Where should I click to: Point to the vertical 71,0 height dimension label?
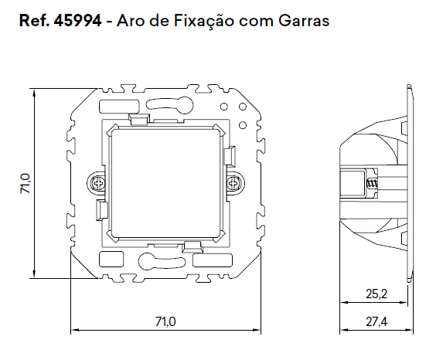25,182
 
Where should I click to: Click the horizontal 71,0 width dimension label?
165,320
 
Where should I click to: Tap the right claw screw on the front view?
233,183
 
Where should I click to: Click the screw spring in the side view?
372,186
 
